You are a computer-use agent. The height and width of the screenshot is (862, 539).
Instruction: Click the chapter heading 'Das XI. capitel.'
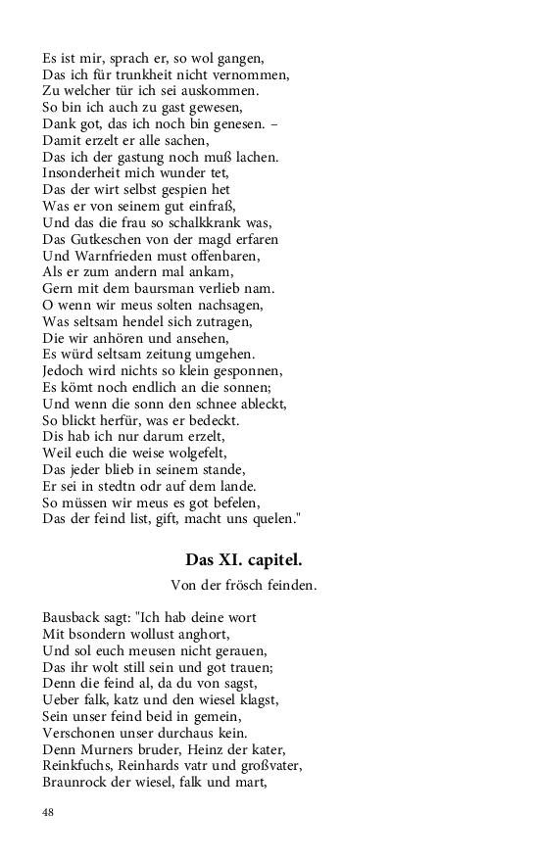point(244,560)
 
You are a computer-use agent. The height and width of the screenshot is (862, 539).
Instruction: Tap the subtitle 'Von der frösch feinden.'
point(243,586)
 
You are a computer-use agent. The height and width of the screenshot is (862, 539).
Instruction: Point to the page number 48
point(49,812)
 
